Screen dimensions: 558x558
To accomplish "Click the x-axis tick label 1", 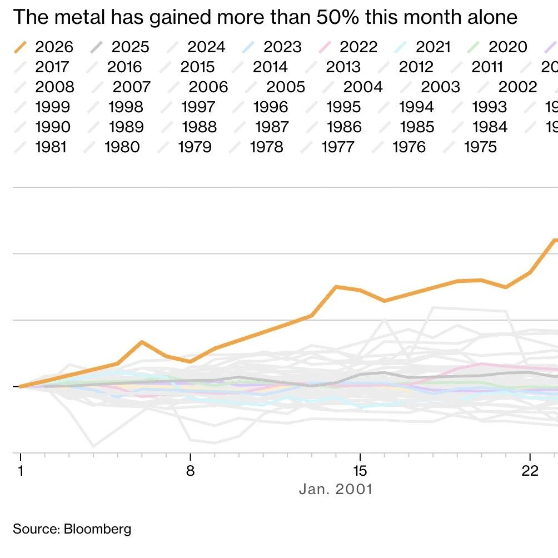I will tap(21, 471).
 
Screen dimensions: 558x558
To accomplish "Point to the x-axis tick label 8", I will tap(191, 471).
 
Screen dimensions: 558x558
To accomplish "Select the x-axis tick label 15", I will tap(361, 471).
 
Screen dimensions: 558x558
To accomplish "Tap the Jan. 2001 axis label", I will tap(336, 490).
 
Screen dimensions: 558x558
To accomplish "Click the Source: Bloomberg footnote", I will tap(72, 528).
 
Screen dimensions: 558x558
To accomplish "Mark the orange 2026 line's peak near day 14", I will tap(336, 287).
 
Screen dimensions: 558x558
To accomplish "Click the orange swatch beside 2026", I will tap(21, 47).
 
